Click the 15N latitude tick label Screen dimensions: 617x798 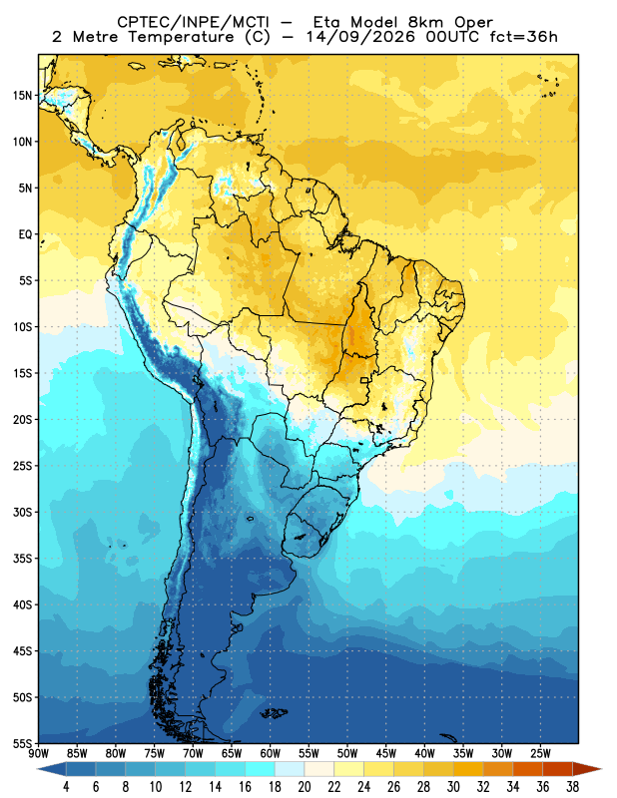coord(22,95)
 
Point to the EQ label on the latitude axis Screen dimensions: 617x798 coord(26,234)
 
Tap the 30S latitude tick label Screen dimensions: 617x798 coord(22,512)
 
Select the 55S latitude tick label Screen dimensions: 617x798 coord(22,743)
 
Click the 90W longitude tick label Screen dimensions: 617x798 coord(38,754)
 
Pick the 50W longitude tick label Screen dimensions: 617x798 coord(347,754)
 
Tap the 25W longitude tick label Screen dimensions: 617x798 coord(540,754)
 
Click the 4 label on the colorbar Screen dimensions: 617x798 coord(66,787)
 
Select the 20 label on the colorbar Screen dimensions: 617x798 coord(305,787)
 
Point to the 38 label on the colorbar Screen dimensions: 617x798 coord(572,787)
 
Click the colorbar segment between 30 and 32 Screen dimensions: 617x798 coord(468,768)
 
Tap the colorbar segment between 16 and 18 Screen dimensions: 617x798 coord(260,768)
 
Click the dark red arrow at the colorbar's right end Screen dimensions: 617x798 coord(587,768)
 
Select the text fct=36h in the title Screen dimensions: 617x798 coord(523,37)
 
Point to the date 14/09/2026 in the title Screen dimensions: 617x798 coord(361,37)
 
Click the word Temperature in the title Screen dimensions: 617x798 coord(182,37)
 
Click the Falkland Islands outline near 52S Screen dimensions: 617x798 coord(275,713)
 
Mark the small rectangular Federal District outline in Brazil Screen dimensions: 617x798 coord(364,380)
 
